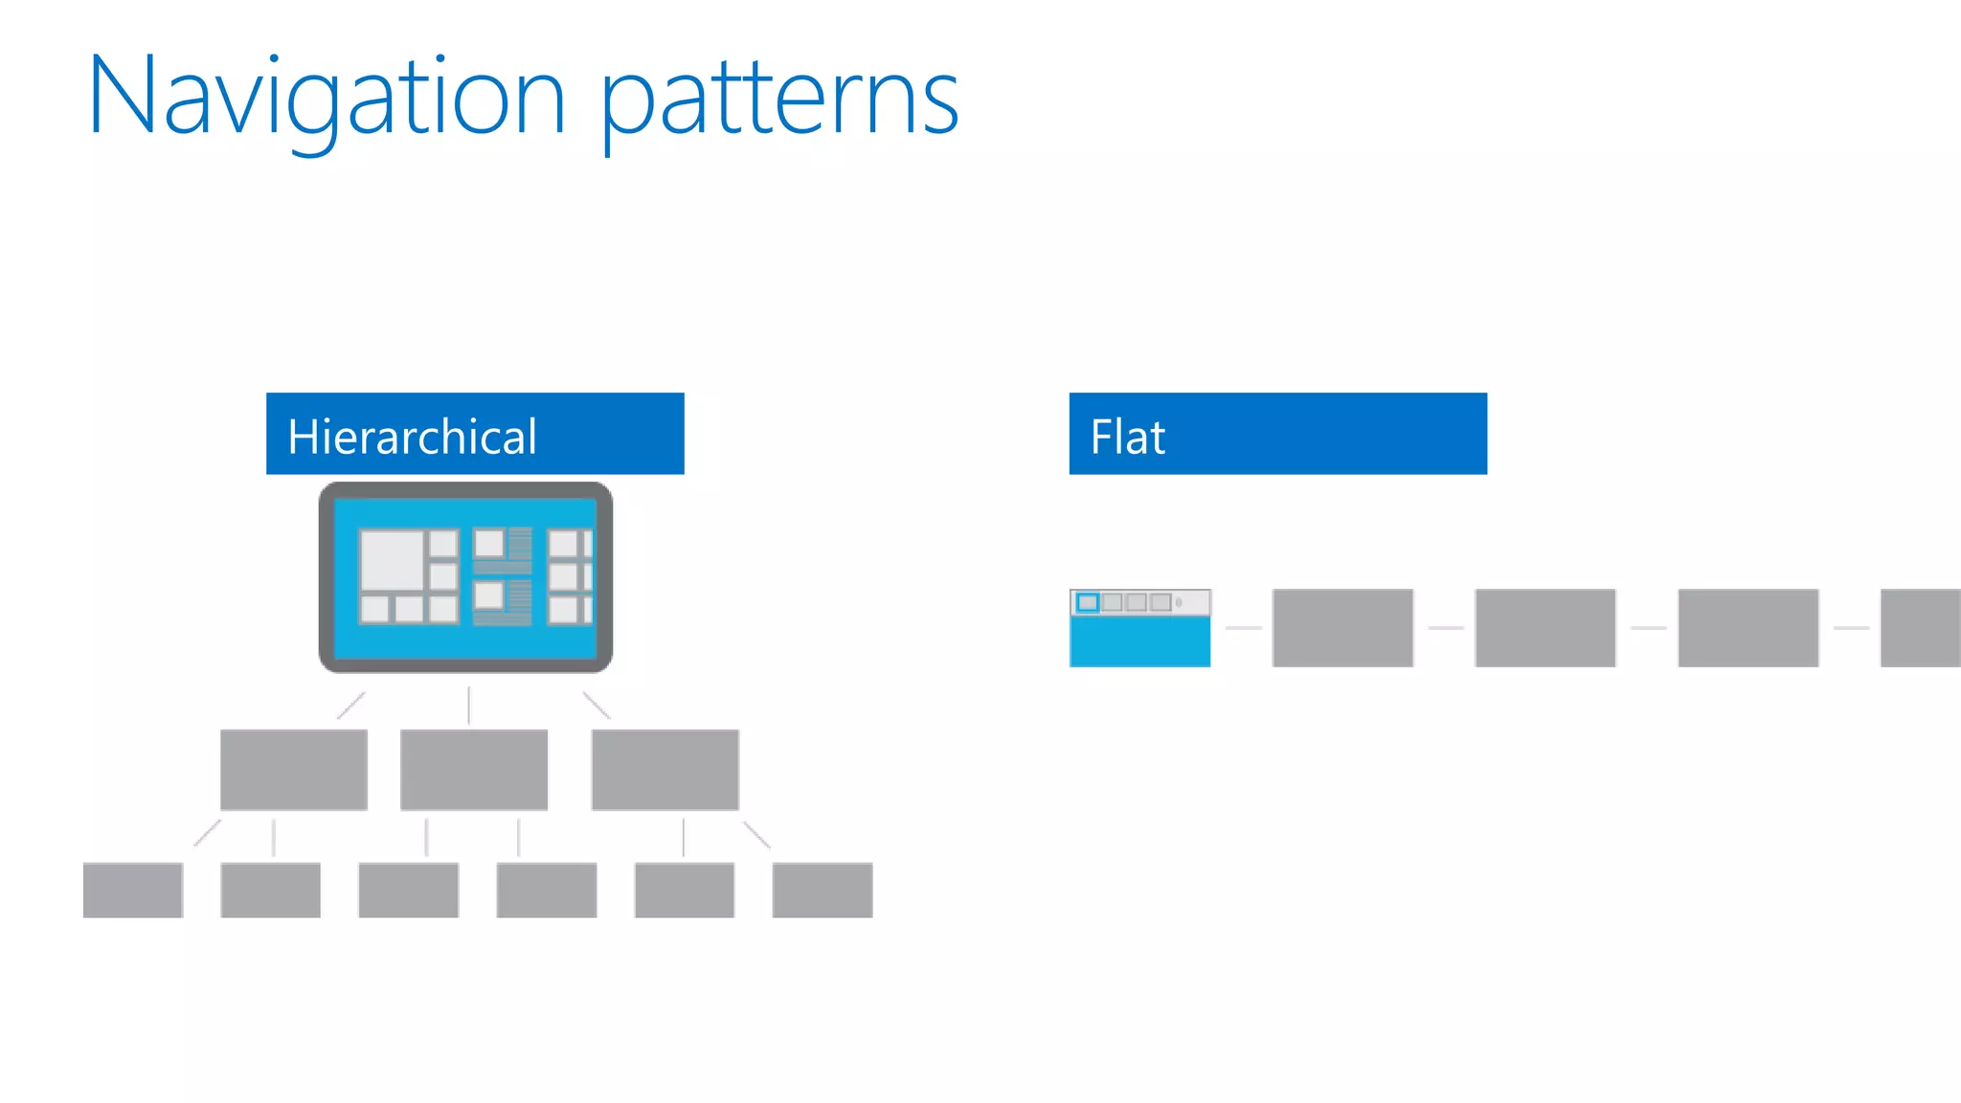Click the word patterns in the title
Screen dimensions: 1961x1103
pyautogui.click(x=779, y=100)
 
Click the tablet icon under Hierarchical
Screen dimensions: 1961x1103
pyautogui.click(x=465, y=577)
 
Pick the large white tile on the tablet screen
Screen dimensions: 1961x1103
pyautogui.click(x=392, y=560)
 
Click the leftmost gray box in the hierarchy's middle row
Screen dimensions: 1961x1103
pyautogui.click(x=294, y=770)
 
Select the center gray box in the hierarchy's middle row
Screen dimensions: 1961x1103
pyautogui.click(x=474, y=770)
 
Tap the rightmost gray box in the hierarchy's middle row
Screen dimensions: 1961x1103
pyautogui.click(x=665, y=770)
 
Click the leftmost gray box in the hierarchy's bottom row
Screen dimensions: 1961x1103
pyautogui.click(x=133, y=890)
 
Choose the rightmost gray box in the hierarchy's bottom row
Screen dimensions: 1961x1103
pyautogui.click(x=823, y=890)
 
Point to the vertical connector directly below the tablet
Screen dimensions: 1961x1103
pyautogui.click(x=468, y=705)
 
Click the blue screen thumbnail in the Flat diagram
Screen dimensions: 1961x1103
pyautogui.click(x=1139, y=640)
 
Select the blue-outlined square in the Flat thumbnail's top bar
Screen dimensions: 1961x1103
pyautogui.click(x=1088, y=602)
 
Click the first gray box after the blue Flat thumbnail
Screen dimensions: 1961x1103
pyautogui.click(x=1342, y=628)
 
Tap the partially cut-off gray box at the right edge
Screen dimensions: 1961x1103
pyautogui.click(x=1921, y=628)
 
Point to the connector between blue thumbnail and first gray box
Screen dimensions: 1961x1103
pyautogui.click(x=1243, y=628)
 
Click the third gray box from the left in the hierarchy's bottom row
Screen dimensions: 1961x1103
pyautogui.click(x=409, y=890)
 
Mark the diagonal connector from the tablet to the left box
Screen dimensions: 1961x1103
pyautogui.click(x=350, y=706)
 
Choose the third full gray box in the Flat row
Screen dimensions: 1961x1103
pyautogui.click(x=1748, y=628)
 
